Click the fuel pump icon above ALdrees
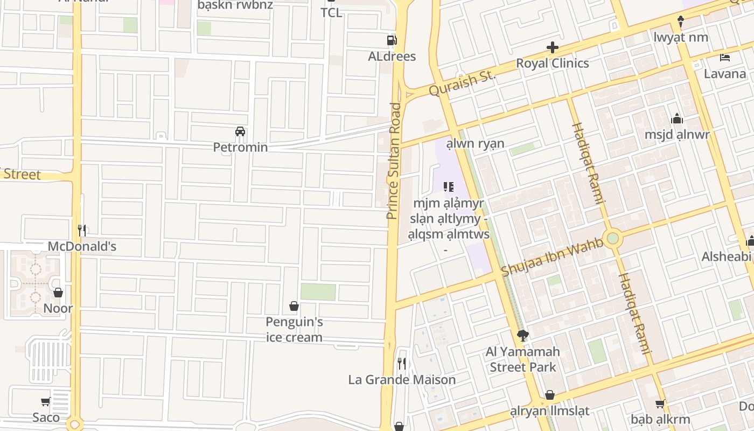[x=392, y=40]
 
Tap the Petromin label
[x=240, y=147]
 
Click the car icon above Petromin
[x=240, y=131]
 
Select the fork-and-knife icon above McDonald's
[x=82, y=231]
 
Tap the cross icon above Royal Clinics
[x=552, y=48]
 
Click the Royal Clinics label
[x=552, y=63]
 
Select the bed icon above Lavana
[x=725, y=57]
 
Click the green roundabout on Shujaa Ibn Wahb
[x=612, y=238]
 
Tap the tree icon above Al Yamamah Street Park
[x=522, y=336]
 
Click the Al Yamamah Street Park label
[x=522, y=359]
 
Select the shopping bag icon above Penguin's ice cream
[x=294, y=307]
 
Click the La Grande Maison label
[x=402, y=379]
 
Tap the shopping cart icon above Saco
[x=46, y=401]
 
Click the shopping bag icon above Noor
[x=58, y=293]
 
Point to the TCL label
[x=331, y=12]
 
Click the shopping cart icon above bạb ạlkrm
[x=660, y=404]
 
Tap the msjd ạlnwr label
[x=677, y=134]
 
